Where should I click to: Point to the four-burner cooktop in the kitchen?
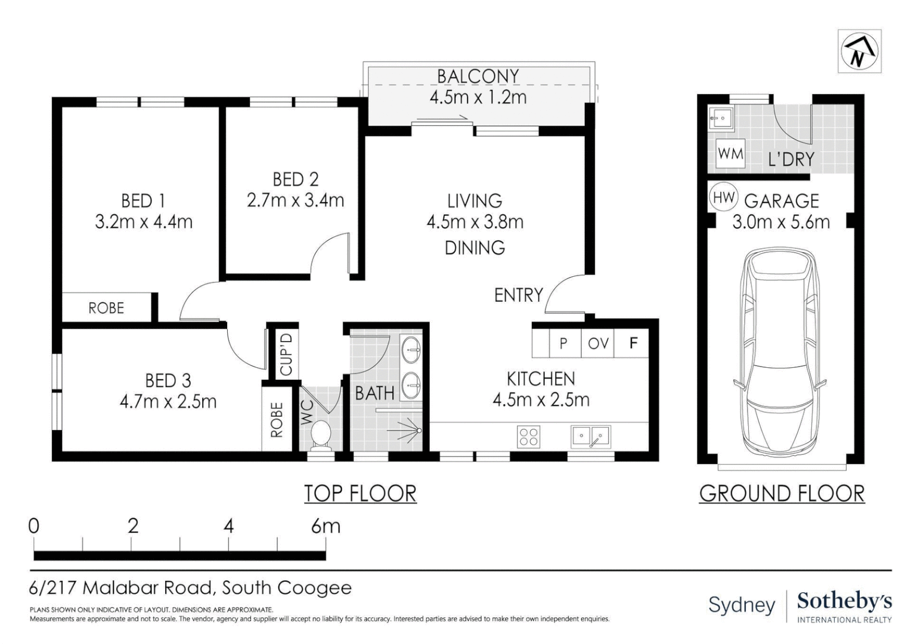pos(529,437)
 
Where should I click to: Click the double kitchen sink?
pos(590,436)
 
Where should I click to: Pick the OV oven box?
pos(597,343)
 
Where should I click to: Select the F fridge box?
pos(631,343)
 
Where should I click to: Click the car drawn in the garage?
pos(780,352)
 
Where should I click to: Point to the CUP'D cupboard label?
pos(286,354)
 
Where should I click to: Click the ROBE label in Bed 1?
pos(106,308)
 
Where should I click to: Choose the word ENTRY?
pos(519,295)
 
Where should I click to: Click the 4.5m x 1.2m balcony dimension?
pos(478,97)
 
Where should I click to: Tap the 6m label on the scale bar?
pos(326,527)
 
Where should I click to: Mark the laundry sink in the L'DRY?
pos(721,119)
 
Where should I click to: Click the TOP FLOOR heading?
pos(360,494)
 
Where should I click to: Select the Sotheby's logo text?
pos(844,601)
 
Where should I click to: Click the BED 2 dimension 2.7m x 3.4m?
pos(295,200)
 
